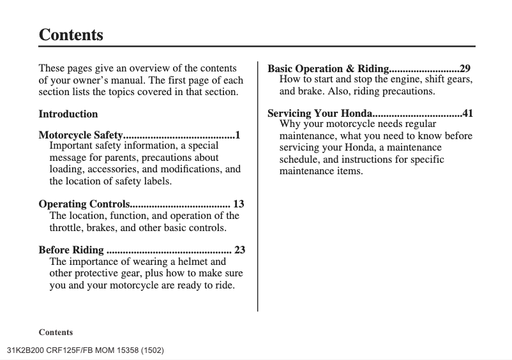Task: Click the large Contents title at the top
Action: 71,34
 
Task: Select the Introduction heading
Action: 68,114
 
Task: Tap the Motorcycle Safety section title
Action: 80,135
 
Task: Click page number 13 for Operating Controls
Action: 239,204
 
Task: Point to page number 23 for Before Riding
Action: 239,250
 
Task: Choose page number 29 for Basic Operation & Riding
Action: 465,68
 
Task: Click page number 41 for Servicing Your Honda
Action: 468,114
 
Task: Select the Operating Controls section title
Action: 84,204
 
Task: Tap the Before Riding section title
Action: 71,250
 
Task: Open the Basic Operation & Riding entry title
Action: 328,68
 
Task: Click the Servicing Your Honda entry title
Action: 319,114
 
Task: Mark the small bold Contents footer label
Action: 56,333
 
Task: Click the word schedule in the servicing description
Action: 300,160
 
